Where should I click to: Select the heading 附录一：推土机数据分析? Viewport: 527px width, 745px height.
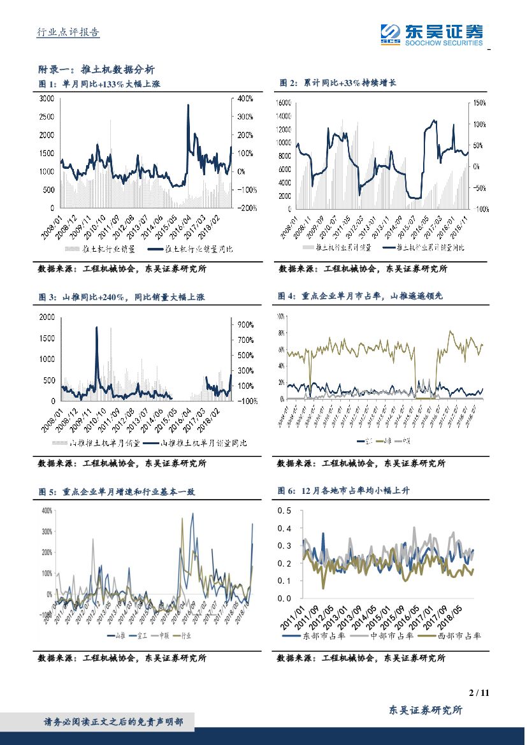tap(96, 69)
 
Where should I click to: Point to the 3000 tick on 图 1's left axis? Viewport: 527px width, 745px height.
tap(47, 99)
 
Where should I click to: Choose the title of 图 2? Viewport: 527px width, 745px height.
tap(338, 83)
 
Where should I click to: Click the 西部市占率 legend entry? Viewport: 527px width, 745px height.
tap(453, 635)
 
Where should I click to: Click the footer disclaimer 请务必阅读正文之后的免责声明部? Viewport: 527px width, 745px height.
tap(113, 722)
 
